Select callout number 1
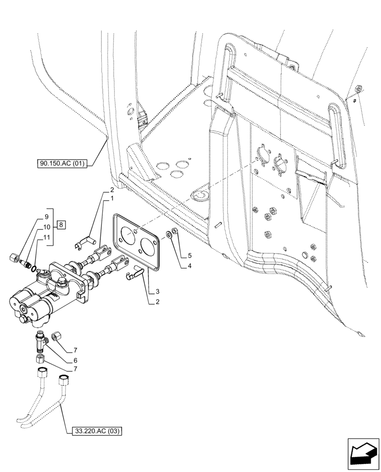point(112,199)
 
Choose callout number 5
point(190,256)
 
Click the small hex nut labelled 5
point(173,231)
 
